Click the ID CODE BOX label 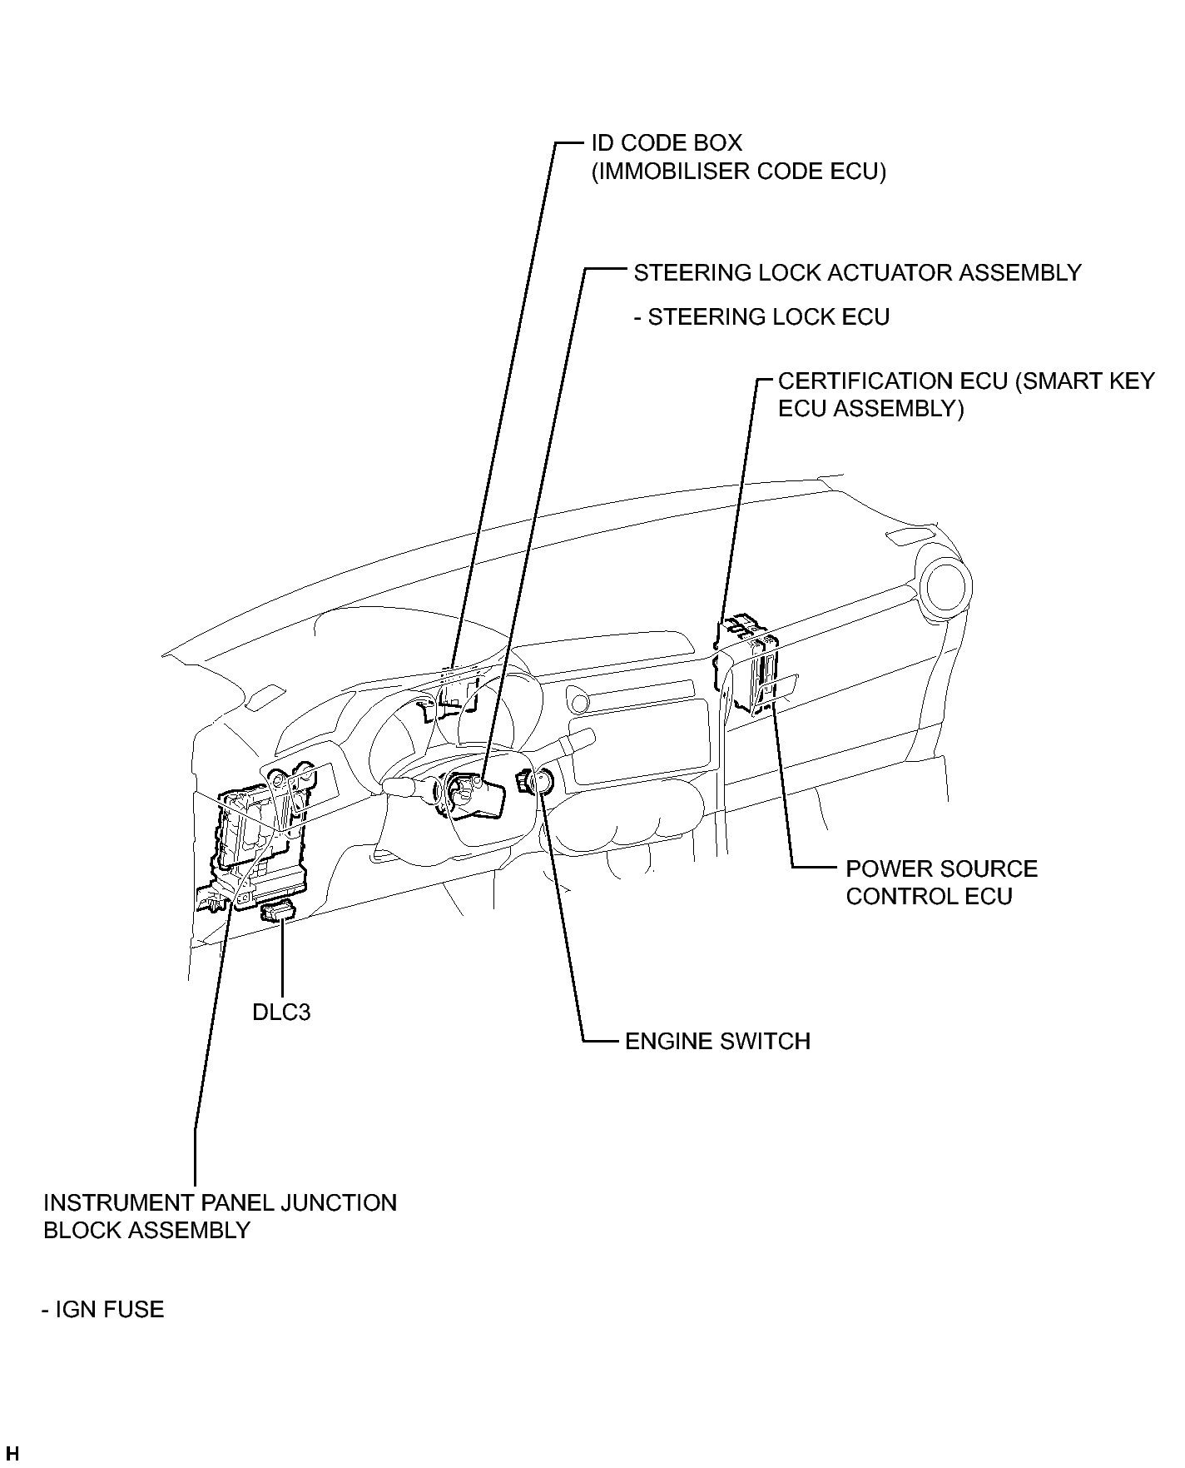tap(667, 142)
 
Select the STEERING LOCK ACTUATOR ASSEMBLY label tap(858, 272)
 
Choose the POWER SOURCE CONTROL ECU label tap(942, 883)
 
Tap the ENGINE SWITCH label tap(717, 1042)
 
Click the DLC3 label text tap(281, 1013)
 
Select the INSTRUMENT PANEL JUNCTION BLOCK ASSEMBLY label tap(220, 1217)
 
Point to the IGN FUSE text tap(103, 1310)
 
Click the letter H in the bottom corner tap(12, 1454)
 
